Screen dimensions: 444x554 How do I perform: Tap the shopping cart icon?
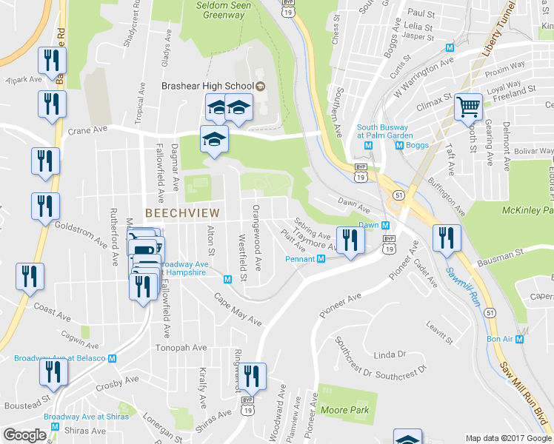tap(468, 109)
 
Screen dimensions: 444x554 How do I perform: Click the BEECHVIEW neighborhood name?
tap(176, 212)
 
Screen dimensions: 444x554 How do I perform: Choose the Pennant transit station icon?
tap(321, 259)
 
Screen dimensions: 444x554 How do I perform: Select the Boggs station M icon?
tap(400, 145)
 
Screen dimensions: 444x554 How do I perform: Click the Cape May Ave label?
tap(238, 309)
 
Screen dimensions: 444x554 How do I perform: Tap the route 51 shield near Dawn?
tap(398, 195)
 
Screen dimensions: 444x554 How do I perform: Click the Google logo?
tap(26, 434)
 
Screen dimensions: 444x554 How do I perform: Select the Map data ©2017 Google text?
tap(508, 438)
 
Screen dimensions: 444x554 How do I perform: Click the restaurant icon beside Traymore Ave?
tap(350, 240)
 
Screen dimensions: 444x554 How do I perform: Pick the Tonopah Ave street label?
tap(181, 347)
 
